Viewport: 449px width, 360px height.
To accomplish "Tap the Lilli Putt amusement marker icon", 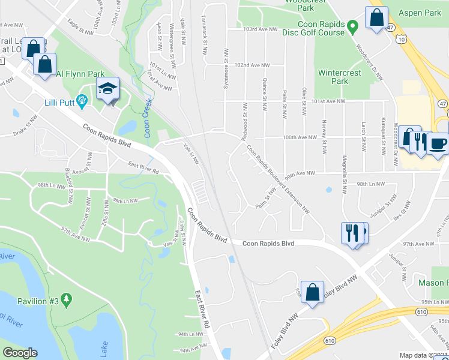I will click(x=80, y=99).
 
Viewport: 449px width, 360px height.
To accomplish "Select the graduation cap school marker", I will click(x=107, y=89).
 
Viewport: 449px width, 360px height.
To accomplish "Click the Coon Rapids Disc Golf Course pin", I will click(x=354, y=25).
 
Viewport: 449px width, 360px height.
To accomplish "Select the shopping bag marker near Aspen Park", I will click(x=376, y=18).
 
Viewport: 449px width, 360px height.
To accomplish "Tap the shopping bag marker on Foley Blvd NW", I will click(x=312, y=293).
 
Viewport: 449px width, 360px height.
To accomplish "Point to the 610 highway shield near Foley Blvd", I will click(x=330, y=340).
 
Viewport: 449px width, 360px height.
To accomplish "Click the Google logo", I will click(x=20, y=353).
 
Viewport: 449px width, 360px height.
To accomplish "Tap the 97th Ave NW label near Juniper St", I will click(x=418, y=244).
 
